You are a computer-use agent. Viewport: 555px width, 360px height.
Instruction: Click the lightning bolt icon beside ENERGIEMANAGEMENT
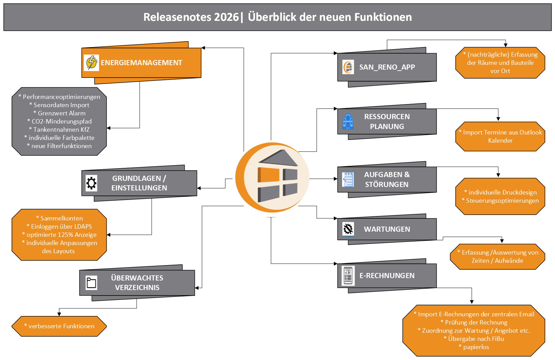click(x=91, y=63)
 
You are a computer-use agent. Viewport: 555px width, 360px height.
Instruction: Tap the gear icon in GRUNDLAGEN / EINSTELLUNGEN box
click(x=91, y=183)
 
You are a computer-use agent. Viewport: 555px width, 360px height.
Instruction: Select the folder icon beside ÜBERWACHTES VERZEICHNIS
click(x=91, y=283)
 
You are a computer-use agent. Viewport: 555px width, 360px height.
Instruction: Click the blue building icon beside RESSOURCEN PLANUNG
click(x=348, y=121)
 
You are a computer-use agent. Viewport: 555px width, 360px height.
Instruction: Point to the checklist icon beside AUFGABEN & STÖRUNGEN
click(x=348, y=179)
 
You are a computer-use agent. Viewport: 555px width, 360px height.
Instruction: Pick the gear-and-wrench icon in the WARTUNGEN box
click(x=348, y=229)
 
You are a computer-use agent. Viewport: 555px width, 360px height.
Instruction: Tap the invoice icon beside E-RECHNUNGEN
click(x=348, y=275)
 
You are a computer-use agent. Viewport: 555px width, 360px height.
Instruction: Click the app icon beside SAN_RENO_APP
click(x=348, y=67)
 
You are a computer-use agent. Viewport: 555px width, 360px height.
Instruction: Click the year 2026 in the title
click(x=226, y=17)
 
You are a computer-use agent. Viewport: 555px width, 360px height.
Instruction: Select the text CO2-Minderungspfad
click(x=61, y=121)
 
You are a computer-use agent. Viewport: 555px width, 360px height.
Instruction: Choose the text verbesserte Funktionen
click(x=61, y=326)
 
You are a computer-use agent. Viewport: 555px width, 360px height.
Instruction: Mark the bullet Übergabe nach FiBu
click(x=476, y=339)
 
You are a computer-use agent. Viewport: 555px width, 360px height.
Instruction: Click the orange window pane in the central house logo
click(x=269, y=175)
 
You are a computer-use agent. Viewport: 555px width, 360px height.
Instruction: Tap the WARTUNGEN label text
click(x=387, y=229)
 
